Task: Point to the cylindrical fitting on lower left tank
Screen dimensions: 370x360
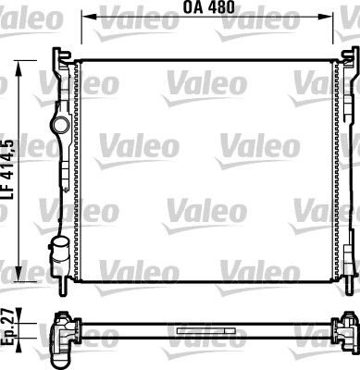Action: point(61,251)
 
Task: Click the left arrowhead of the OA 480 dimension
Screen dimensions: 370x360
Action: point(85,17)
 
